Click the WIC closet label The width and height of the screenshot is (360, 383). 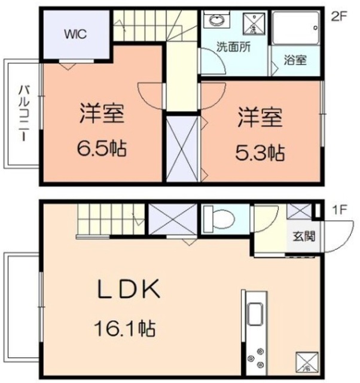76,34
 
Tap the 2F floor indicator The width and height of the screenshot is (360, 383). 339,17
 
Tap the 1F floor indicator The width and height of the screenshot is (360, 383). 339,210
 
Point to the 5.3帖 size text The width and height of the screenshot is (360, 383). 259,153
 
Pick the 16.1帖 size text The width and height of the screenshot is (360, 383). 124,327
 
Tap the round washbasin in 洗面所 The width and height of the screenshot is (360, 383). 215,21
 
